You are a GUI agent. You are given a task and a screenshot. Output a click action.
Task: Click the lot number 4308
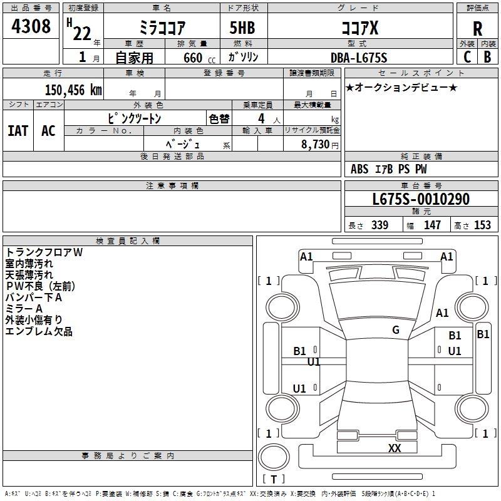tap(31, 26)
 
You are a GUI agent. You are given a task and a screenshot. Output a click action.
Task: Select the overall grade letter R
tap(477, 28)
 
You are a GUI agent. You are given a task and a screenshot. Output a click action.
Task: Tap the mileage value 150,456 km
tap(73, 90)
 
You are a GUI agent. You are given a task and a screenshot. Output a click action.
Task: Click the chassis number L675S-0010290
tap(421, 200)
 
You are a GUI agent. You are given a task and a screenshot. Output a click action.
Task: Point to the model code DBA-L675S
tap(359, 58)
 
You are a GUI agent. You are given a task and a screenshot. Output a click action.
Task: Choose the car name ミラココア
tap(161, 28)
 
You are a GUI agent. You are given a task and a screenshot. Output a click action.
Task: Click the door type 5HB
tap(242, 28)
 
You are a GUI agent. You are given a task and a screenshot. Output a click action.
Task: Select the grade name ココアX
tap(359, 28)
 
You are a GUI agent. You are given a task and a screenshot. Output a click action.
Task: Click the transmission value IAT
tap(18, 131)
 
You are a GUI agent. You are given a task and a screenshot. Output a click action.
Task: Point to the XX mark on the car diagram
tap(394, 448)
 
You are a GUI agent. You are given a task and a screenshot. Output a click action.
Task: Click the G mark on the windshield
tap(395, 330)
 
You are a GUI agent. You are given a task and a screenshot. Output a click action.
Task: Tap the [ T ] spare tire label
tap(273, 479)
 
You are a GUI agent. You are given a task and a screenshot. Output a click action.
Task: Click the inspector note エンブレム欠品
tap(39, 331)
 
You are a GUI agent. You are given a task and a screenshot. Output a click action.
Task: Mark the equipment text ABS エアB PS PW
tap(389, 169)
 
